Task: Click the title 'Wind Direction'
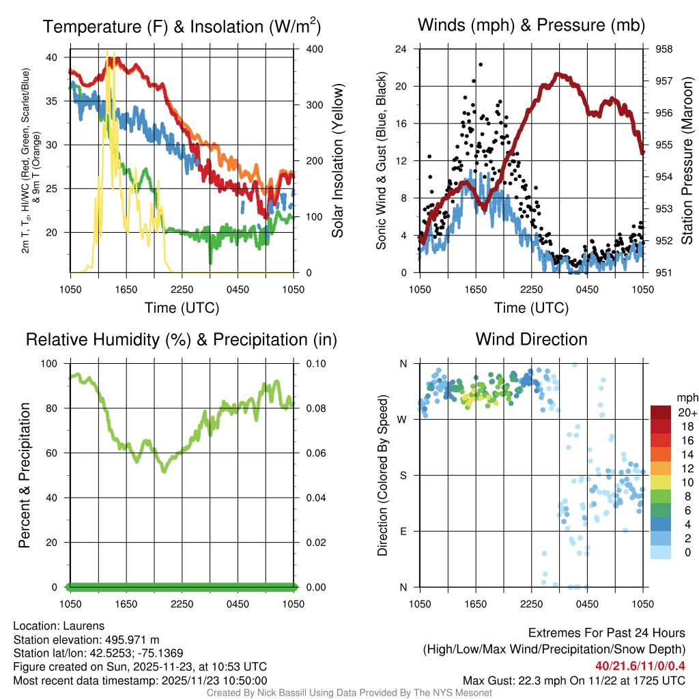[x=531, y=339]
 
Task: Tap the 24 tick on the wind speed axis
[x=402, y=49]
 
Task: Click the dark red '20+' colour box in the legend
[x=660, y=413]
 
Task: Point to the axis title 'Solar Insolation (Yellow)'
[x=338, y=161]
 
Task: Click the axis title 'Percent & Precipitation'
[x=25, y=475]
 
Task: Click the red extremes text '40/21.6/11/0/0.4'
[x=640, y=666]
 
